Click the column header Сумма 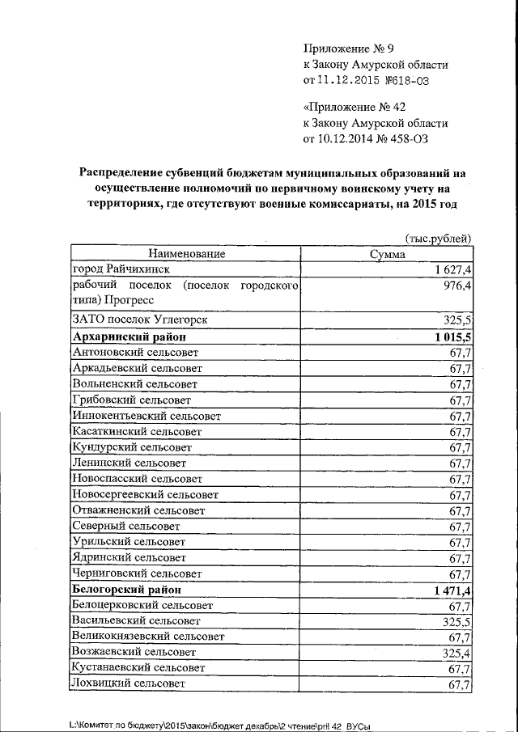click(x=387, y=254)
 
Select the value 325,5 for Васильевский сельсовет click(x=458, y=622)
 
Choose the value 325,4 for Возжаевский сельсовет click(x=458, y=654)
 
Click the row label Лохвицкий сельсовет click(x=129, y=684)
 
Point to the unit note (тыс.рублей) click(x=437, y=238)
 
